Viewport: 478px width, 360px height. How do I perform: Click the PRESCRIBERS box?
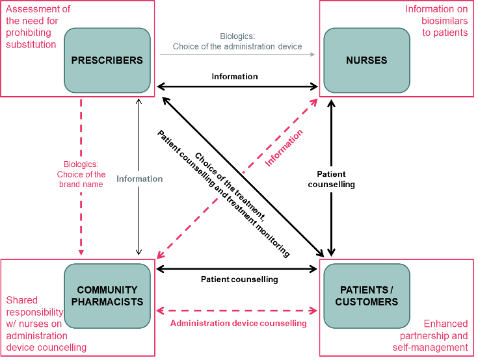pyautogui.click(x=107, y=60)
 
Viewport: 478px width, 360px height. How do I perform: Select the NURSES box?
pyautogui.click(x=367, y=60)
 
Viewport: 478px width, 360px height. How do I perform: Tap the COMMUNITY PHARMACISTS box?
pyautogui.click(x=107, y=296)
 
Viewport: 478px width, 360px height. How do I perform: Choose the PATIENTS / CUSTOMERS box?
pyautogui.click(x=367, y=296)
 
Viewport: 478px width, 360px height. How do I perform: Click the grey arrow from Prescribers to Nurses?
pyautogui.click(x=237, y=55)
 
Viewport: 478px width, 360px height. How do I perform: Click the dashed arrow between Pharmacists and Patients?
pyautogui.click(x=237, y=311)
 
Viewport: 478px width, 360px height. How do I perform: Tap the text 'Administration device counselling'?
pyautogui.click(x=238, y=323)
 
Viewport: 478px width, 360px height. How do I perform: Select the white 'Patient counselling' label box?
pyautogui.click(x=331, y=179)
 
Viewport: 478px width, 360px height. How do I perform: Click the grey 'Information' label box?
pyautogui.click(x=139, y=179)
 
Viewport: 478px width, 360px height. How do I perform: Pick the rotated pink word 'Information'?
pyautogui.click(x=284, y=148)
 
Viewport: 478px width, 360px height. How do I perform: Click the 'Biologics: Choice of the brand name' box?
pyautogui.click(x=81, y=175)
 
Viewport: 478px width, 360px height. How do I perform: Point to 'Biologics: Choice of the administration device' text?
pyautogui.click(x=237, y=42)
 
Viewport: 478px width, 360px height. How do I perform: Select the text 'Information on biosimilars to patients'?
pyautogui.click(x=436, y=21)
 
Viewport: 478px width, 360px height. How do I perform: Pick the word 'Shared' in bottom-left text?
pyautogui.click(x=21, y=300)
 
